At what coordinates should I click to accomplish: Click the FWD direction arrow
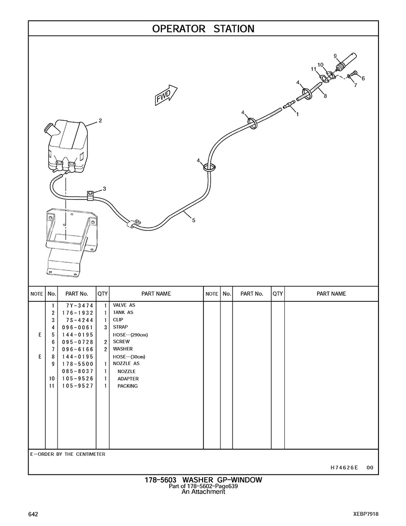[166, 94]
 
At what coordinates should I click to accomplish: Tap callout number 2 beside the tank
[100, 121]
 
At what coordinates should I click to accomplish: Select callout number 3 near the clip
[104, 188]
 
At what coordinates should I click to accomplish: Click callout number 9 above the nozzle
[335, 56]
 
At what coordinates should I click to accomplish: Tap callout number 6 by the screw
[363, 78]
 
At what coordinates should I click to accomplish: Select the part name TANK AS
[123, 313]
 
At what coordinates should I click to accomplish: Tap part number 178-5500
[73, 363]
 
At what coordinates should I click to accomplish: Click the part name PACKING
[128, 386]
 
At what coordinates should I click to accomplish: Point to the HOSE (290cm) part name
[130, 334]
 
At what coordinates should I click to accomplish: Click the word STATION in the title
[234, 28]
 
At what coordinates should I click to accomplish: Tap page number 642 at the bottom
[33, 514]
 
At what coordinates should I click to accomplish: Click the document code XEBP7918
[365, 514]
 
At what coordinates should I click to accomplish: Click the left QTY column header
[102, 294]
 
